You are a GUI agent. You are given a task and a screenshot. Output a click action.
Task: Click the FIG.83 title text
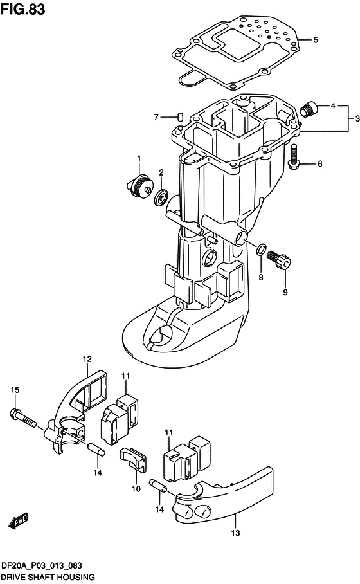pyautogui.click(x=23, y=9)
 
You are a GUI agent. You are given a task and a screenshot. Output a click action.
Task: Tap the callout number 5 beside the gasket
pyautogui.click(x=316, y=39)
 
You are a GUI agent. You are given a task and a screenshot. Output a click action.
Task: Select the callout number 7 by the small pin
pyautogui.click(x=156, y=117)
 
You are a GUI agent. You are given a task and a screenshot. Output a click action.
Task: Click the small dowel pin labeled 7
pyautogui.click(x=181, y=116)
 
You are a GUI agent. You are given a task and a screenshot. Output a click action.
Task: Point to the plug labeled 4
pyautogui.click(x=309, y=109)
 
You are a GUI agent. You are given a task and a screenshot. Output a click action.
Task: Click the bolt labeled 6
pyautogui.click(x=294, y=160)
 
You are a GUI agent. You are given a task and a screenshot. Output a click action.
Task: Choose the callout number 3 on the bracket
pyautogui.click(x=357, y=118)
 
